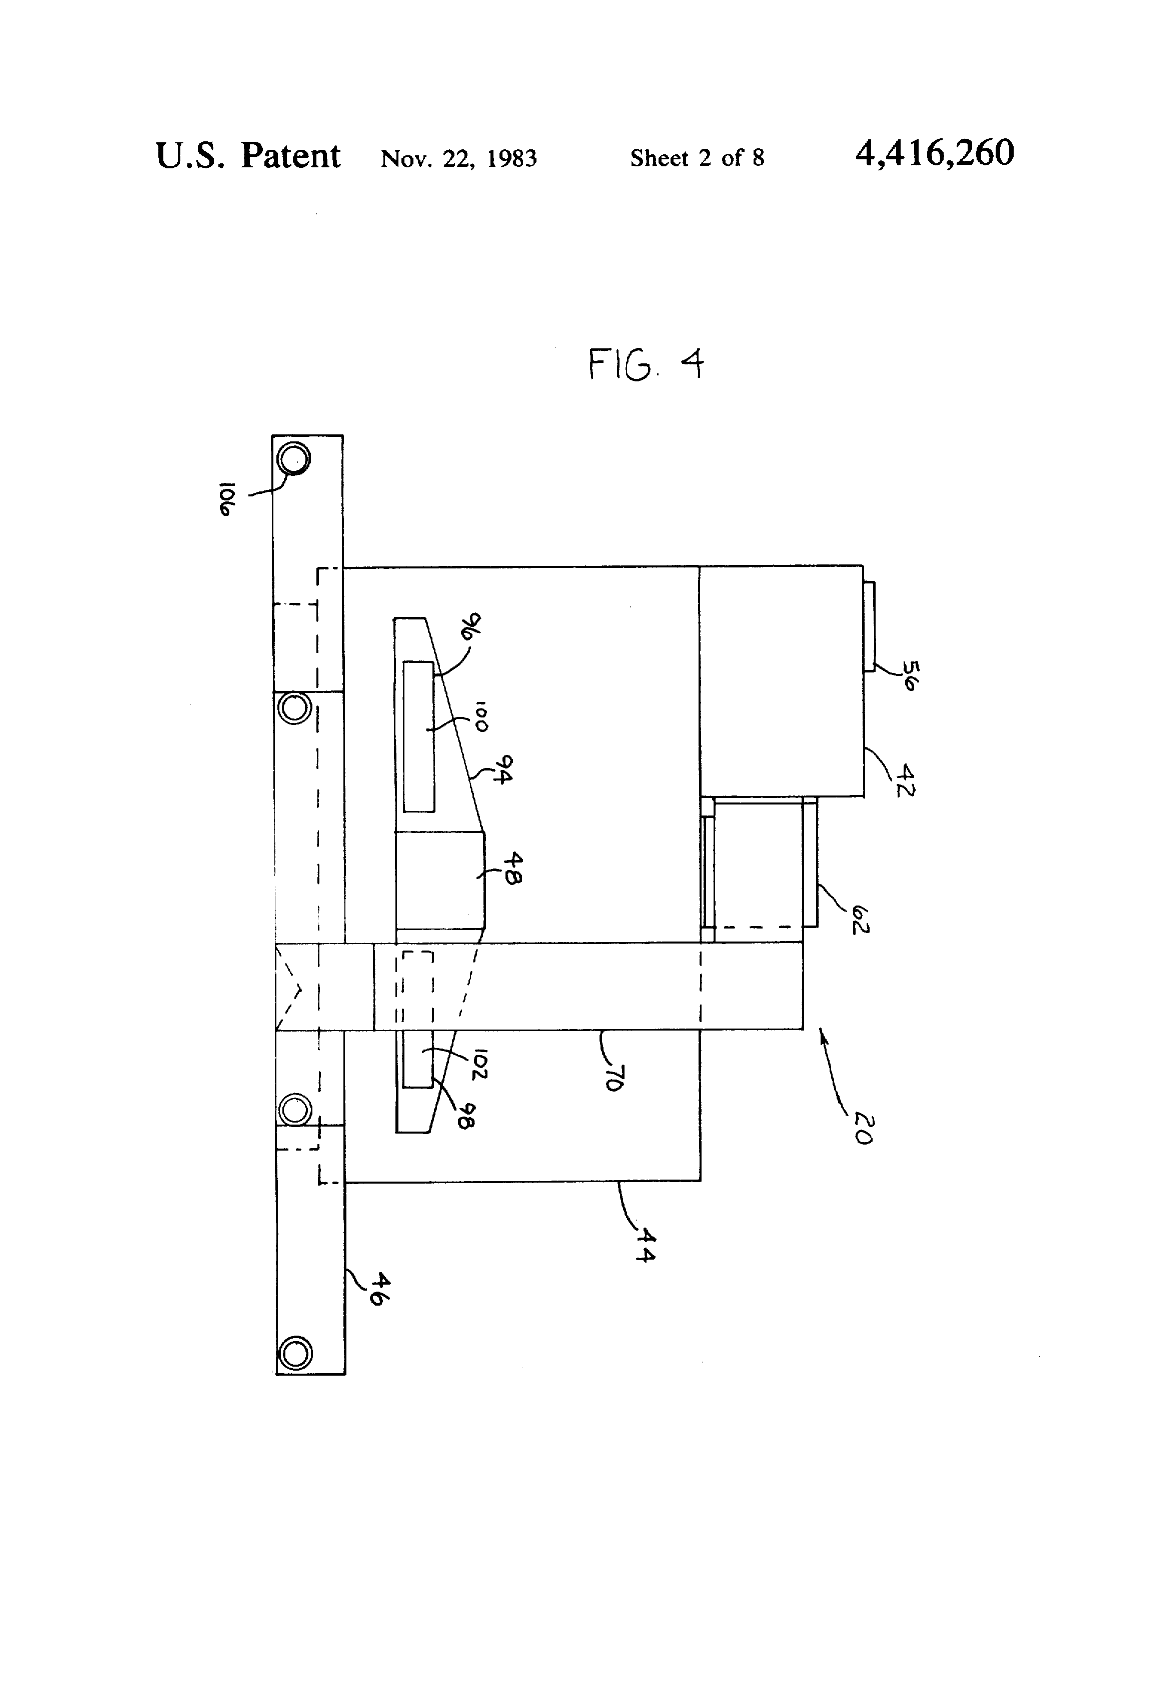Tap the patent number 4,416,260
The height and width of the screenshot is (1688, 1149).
[935, 153]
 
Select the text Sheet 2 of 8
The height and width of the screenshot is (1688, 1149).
[697, 158]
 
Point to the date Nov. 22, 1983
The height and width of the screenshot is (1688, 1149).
[459, 158]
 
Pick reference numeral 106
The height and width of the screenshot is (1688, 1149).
[226, 498]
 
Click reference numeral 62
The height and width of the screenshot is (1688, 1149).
[860, 920]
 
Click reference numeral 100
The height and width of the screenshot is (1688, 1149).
[481, 716]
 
